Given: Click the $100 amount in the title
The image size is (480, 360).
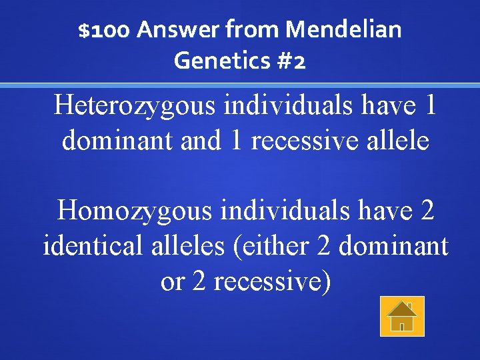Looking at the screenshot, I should tap(105, 30).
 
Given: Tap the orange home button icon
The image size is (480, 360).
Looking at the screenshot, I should tap(402, 316).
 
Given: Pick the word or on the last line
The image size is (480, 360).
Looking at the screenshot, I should tap(172, 283).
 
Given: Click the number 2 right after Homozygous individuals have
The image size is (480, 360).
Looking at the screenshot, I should tap(427, 211).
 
